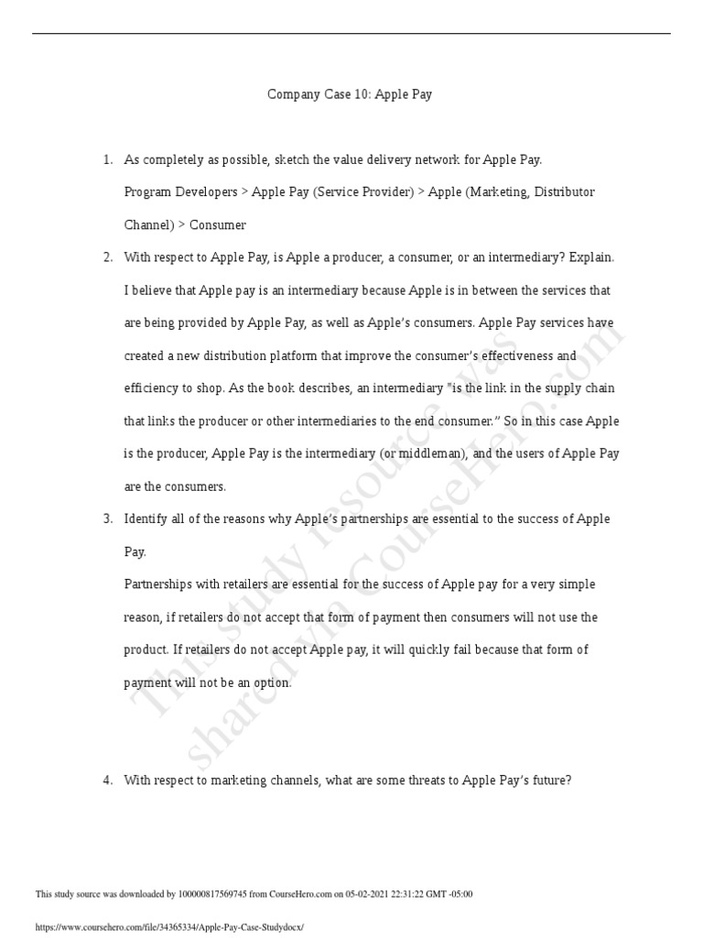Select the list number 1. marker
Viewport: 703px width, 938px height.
[x=107, y=159]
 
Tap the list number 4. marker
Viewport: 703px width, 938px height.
[x=107, y=780]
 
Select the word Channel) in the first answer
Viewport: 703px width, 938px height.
[x=147, y=224]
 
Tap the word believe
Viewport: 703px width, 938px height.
[x=152, y=290]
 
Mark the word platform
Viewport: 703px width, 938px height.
[x=341, y=355]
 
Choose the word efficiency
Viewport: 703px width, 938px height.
[x=150, y=388]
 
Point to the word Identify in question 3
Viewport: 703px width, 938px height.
[x=146, y=518]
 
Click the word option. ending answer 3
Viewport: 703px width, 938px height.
[x=271, y=682]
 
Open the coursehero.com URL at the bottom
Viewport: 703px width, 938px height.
[x=168, y=927]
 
